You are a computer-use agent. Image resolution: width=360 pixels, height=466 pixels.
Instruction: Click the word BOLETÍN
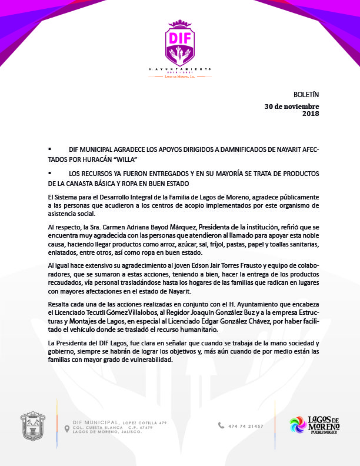(305, 95)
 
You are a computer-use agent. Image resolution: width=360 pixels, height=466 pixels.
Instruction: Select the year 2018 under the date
(310, 114)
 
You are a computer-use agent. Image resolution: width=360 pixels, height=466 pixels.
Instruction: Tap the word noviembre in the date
(298, 106)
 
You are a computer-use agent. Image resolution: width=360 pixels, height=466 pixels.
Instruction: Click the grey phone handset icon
(221, 425)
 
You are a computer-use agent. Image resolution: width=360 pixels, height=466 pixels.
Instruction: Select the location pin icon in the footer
(66, 429)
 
